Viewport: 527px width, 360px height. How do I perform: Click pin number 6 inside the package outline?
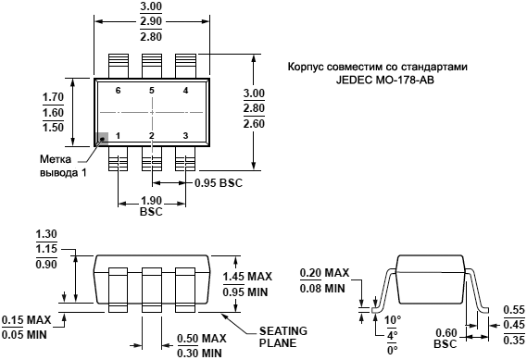click(x=118, y=91)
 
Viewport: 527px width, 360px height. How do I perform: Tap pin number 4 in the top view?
click(x=185, y=91)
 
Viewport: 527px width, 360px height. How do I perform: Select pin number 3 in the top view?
click(x=185, y=136)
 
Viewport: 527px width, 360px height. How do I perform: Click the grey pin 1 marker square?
click(x=102, y=139)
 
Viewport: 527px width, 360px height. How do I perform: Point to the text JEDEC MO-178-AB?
click(x=385, y=80)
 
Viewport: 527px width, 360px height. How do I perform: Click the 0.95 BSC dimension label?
click(x=219, y=183)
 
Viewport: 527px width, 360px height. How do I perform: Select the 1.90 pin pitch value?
click(x=151, y=201)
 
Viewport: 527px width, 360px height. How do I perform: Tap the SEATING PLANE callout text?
click(x=283, y=337)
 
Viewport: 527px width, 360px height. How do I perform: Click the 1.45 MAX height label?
click(x=247, y=277)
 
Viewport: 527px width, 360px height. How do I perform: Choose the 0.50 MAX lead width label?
click(x=202, y=338)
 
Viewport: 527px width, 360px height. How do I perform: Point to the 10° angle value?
click(x=393, y=319)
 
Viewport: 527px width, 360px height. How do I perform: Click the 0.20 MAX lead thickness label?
click(x=325, y=273)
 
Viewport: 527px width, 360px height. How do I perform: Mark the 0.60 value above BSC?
click(x=446, y=333)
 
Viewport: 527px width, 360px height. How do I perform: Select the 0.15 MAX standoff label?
click(x=27, y=319)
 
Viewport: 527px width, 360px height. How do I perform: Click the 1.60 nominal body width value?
click(x=53, y=112)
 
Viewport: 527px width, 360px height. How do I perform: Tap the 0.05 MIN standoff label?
click(x=24, y=334)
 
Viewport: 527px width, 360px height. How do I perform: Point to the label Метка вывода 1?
click(x=63, y=166)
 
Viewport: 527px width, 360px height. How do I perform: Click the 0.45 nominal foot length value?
click(x=514, y=325)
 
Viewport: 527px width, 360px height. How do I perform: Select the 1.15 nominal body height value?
click(x=46, y=249)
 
